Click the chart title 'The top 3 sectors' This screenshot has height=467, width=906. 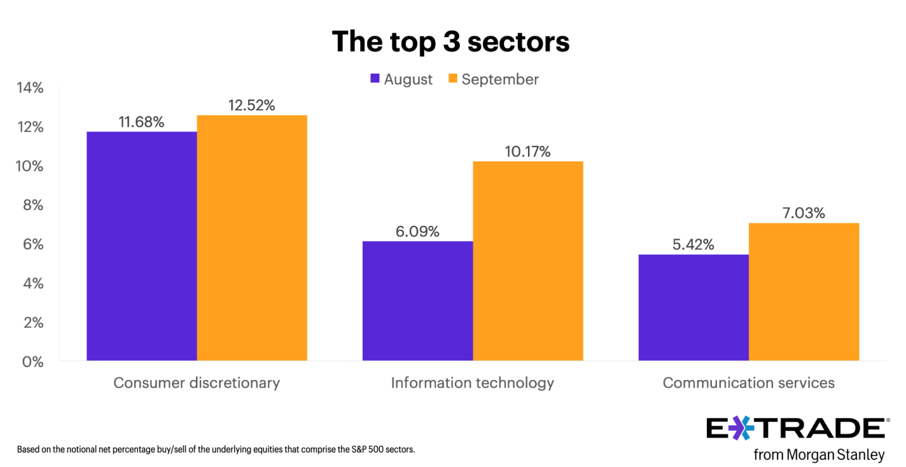450,42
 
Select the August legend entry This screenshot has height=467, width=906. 401,79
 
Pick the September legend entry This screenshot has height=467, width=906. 493,79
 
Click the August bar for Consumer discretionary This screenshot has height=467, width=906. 142,246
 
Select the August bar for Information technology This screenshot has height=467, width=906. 418,301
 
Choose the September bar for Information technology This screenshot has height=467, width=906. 528,261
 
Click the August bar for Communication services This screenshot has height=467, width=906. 694,307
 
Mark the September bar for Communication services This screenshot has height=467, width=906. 804,291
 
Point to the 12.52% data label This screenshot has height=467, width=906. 252,105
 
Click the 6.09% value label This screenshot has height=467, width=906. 418,232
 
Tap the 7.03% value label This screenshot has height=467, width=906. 804,213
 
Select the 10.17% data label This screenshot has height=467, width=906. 528,152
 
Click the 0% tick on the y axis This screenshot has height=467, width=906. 33,362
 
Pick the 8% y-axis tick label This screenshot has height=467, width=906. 33,205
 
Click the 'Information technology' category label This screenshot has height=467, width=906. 473,383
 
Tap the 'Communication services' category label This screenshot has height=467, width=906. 748,383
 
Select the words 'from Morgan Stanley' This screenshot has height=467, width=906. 819,454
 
